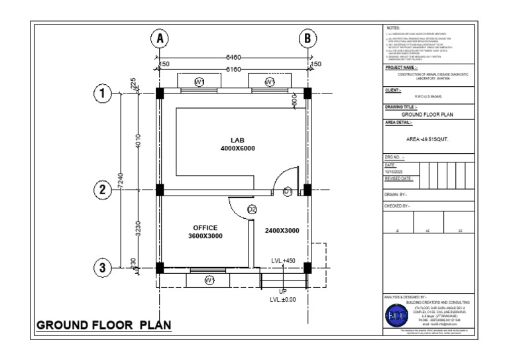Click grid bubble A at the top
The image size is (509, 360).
[x=159, y=39]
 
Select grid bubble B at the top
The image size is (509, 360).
[x=308, y=39]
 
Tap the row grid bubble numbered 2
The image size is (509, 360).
[x=103, y=190]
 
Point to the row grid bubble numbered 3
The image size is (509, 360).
[x=103, y=268]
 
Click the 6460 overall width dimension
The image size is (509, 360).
[x=233, y=58]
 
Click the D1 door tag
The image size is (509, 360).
[x=288, y=192]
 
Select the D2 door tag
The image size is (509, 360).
[x=252, y=210]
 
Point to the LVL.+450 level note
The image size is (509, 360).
[x=282, y=261]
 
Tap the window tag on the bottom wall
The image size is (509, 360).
[x=209, y=280]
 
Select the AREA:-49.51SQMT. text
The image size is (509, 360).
[x=428, y=140]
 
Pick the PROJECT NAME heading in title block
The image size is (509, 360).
[x=402, y=67]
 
